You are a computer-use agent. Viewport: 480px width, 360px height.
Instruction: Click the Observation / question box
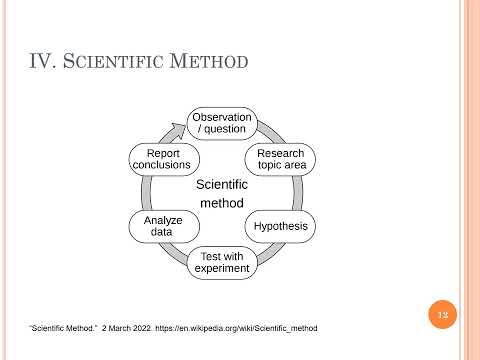(222, 124)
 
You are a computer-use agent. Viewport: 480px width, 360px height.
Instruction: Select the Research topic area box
(281, 159)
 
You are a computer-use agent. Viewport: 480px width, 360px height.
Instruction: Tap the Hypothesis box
(281, 227)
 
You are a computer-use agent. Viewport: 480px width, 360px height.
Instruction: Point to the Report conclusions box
(162, 159)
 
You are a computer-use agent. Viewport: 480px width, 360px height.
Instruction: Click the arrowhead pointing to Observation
(178, 128)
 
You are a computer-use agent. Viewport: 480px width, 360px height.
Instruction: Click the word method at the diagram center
(222, 203)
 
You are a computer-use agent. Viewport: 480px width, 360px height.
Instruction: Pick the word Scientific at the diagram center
(222, 184)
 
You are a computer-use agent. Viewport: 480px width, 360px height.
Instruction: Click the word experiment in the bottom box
(222, 268)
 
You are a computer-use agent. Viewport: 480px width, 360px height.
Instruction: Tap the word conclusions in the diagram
(162, 165)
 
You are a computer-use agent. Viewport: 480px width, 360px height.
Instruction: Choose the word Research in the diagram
(281, 153)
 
